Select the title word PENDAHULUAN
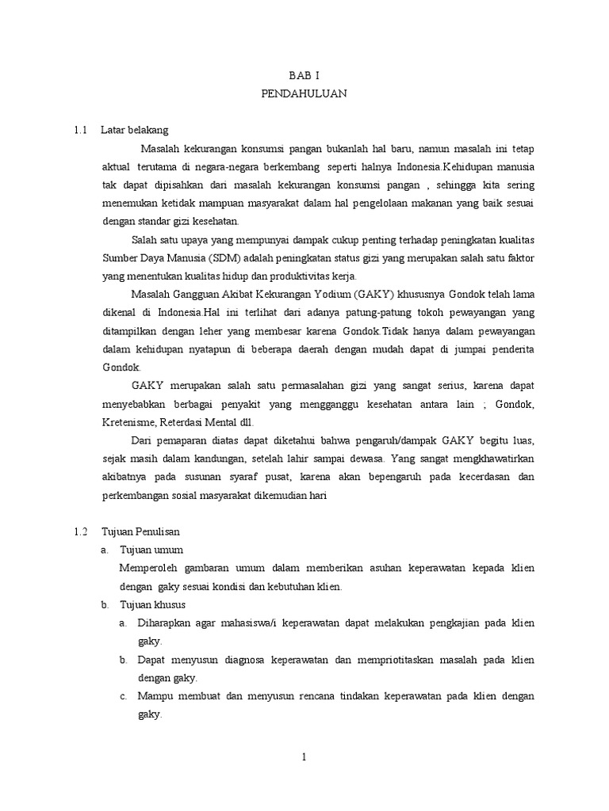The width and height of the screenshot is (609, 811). tap(304, 93)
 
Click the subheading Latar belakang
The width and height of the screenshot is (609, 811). tap(134, 129)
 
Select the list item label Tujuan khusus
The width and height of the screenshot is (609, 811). tap(152, 604)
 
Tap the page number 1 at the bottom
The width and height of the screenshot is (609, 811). tap(304, 757)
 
